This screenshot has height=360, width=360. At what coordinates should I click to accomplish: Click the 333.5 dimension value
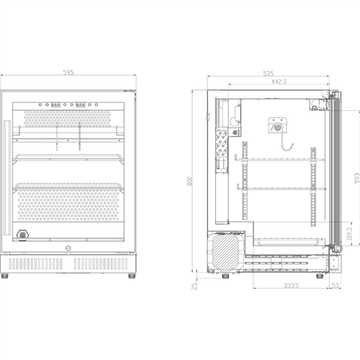click(271, 286)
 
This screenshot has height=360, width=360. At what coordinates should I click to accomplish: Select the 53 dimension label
click(336, 286)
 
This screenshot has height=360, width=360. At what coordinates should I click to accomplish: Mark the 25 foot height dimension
click(194, 286)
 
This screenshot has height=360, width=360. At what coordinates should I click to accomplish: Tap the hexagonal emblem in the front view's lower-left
click(23, 236)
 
